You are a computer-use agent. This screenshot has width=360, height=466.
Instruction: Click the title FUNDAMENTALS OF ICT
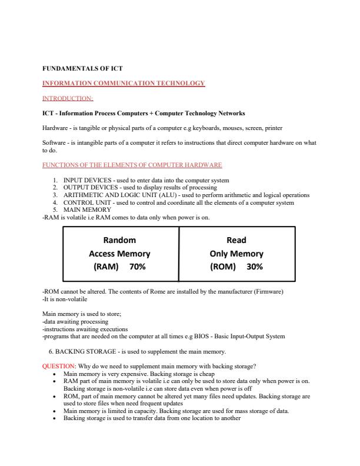82,68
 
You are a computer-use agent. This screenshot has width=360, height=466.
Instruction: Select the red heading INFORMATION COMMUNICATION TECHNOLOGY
124,83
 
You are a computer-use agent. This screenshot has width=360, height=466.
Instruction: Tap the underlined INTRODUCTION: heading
68,98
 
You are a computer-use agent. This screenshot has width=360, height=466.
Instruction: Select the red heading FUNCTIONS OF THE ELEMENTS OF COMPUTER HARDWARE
132,165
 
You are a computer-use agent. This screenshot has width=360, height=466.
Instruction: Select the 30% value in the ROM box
254,267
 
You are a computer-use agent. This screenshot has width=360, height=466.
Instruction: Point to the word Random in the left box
119,240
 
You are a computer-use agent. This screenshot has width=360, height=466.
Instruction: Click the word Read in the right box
236,240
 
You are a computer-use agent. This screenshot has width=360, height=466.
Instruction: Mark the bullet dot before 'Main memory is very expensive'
55,374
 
